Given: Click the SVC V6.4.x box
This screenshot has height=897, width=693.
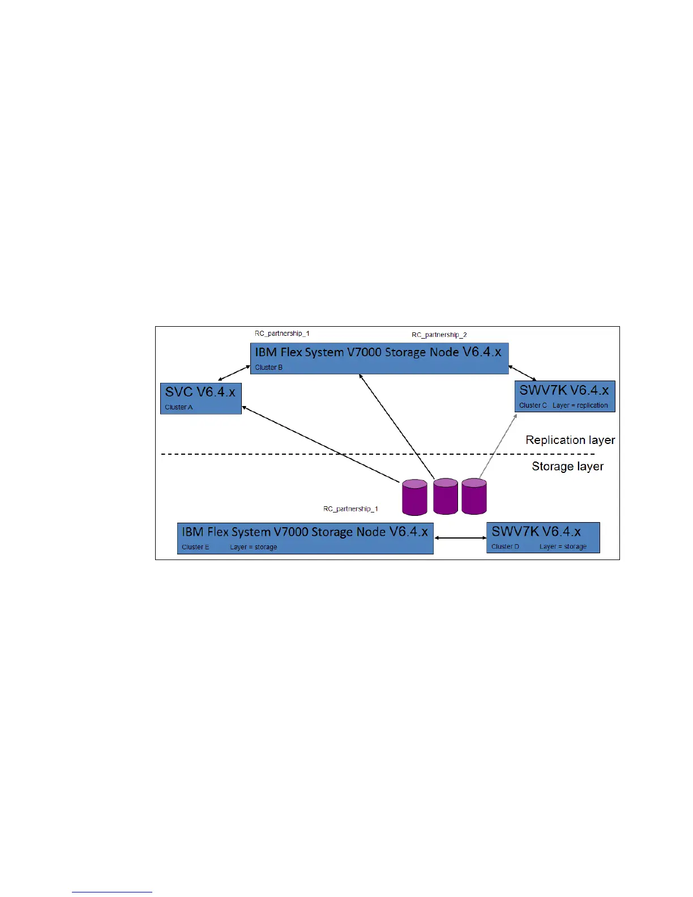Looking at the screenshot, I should coord(200,398).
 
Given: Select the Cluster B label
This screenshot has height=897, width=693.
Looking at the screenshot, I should coord(268,368).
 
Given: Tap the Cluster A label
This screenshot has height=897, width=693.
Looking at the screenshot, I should coord(178,407).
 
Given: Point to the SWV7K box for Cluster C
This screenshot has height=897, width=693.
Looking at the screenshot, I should coord(564,396).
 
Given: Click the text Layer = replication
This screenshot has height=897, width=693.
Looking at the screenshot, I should coord(580,405).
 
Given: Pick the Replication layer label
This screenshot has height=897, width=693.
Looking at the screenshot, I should coord(570,440).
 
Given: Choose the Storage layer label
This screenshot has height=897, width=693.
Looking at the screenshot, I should coord(567,467).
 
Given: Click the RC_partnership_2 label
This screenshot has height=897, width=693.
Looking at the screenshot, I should coord(439,335).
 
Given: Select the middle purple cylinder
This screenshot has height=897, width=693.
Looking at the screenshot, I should coord(446,496).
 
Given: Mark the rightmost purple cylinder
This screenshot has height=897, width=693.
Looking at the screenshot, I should coord(474,496).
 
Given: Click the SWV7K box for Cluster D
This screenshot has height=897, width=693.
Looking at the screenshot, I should coord(542,537).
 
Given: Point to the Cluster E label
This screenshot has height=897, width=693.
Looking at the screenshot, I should coord(195,547).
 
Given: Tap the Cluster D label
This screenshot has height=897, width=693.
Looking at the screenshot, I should coord(505,547).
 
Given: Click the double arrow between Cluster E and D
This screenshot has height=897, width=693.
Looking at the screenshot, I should coord(460,538).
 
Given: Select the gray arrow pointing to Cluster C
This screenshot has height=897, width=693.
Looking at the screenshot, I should coord(498,446).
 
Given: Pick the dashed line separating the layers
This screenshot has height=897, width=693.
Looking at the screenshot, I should coord(283,454).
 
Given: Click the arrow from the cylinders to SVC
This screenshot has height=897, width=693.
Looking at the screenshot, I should coord(320,444).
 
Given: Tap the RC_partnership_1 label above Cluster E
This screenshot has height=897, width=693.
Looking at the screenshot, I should coord(350,509).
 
